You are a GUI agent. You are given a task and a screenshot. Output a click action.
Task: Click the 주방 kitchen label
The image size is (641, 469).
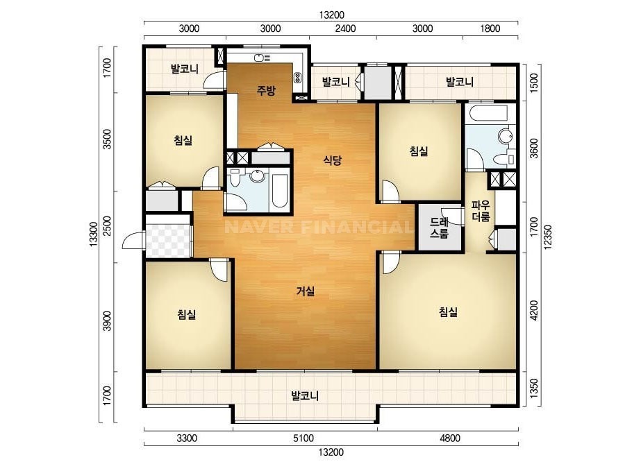coord(266,90)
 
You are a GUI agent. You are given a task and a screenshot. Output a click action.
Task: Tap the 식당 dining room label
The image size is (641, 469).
coord(332,160)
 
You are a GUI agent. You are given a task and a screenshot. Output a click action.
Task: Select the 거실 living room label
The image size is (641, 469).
coord(306,291)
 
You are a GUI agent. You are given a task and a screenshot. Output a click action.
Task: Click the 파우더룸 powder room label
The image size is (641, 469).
coord(481,211)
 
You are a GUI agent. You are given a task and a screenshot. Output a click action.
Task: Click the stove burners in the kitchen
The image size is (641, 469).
coord(298,77)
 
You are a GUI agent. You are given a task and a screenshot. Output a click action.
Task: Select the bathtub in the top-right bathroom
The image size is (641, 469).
coord(488,113)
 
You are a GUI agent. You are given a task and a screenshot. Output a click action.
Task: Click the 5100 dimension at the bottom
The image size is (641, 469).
coord(303,438)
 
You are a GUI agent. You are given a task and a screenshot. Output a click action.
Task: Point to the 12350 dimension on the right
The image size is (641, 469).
coord(548,236)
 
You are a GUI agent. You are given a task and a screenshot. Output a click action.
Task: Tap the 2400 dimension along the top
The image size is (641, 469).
coord(345,28)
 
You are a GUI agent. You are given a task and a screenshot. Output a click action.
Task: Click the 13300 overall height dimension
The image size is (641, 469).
coord(94,234)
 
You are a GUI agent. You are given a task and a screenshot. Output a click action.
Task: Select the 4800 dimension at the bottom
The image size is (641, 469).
coord(450,438)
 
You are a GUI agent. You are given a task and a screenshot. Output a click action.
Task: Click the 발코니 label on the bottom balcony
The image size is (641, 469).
coord(305,396)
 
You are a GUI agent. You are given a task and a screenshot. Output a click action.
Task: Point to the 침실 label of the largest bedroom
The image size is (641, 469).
coord(448,312)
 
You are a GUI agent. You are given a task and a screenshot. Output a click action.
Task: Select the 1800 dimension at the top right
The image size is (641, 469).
coord(490,28)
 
